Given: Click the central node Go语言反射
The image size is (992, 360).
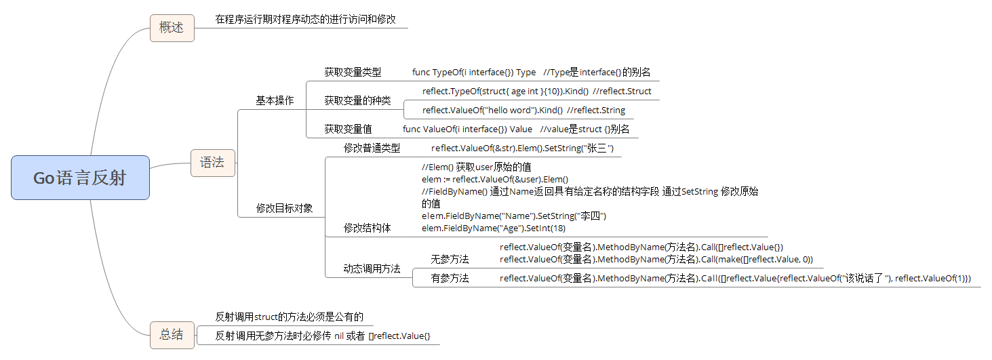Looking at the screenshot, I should coord(80,178).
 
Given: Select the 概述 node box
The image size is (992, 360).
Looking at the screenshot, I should coord(172,28).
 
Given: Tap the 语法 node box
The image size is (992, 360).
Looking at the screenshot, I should coord(212,163).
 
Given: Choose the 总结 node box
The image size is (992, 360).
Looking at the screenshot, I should coord(172,334).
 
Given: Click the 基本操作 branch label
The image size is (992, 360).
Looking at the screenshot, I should coord(275,100).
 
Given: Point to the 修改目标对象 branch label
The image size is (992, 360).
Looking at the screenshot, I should coord(284,208).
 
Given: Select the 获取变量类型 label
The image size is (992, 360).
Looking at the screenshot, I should coord(353,72).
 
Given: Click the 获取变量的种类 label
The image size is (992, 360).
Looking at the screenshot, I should coord(357,100).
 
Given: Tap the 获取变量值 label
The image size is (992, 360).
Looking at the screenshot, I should coord(348,129).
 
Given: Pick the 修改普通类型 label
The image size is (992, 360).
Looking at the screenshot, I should coord(372,148).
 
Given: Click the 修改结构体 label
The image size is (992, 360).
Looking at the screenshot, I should coord(367,228).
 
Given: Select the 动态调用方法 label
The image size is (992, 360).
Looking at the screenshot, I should coord(372,268).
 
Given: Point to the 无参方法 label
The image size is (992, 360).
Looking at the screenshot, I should coord(450,259).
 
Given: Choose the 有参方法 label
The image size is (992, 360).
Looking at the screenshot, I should coord(450,278).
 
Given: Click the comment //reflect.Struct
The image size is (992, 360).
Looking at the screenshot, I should coord(622,91).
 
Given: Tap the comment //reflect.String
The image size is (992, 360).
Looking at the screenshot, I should coord(596,110).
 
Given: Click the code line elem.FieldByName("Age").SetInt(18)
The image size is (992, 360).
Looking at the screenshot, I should coord(483,228).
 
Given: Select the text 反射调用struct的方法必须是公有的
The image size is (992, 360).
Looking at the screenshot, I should coord(290,316).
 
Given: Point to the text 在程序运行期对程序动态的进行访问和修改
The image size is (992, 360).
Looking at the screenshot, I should coord(305,19).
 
